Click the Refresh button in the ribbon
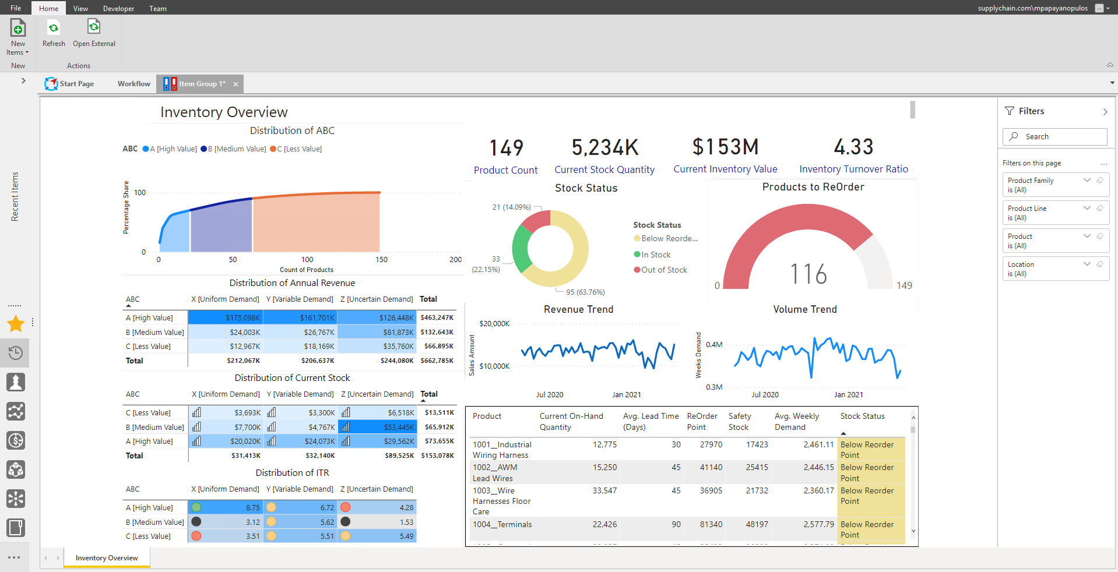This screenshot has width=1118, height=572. click(x=54, y=34)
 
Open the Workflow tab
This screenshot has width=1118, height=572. click(x=134, y=84)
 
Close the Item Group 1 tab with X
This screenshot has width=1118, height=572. click(x=236, y=84)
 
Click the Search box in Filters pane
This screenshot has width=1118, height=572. click(x=1054, y=136)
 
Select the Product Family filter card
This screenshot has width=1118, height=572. click(x=1056, y=185)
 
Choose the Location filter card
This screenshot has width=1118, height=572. click(x=1056, y=269)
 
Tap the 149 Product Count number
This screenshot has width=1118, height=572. click(x=506, y=148)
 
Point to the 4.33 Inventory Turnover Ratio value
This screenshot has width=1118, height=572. click(x=853, y=147)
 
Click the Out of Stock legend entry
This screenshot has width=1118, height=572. click(x=660, y=270)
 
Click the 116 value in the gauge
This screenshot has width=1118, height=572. click(x=808, y=274)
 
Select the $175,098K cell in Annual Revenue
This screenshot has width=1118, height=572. click(x=225, y=317)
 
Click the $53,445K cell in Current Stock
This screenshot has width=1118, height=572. click(x=378, y=427)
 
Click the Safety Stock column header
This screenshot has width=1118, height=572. click(x=739, y=421)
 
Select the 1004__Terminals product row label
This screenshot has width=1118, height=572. click(x=502, y=524)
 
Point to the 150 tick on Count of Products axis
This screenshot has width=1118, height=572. click(x=382, y=260)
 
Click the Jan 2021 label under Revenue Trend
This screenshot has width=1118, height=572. click(x=627, y=394)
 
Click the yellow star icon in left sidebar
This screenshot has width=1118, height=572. click(x=16, y=323)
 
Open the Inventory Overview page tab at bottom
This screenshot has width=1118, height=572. click(x=107, y=558)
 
